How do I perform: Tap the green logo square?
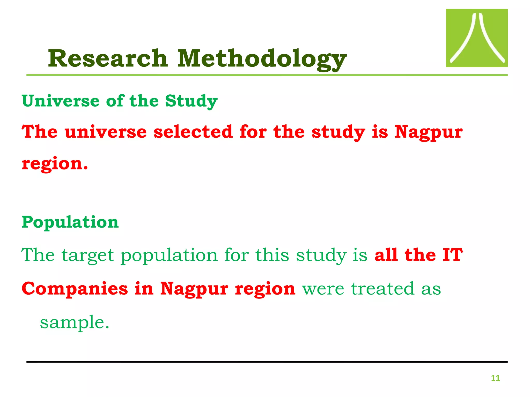pyautogui.click(x=476, y=38)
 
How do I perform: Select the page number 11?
pyautogui.click(x=495, y=378)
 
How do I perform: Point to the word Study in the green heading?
pyautogui.click(x=191, y=101)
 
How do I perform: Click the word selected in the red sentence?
pyautogui.click(x=193, y=132)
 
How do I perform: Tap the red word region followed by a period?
pyautogui.click(x=55, y=164)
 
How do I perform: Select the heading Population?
pyautogui.click(x=70, y=222)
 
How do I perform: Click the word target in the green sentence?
pyautogui.click(x=87, y=256)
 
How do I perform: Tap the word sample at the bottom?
pyautogui.click(x=72, y=323)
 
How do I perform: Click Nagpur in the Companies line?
pyautogui.click(x=194, y=289)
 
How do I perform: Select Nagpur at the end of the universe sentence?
pyautogui.click(x=428, y=132)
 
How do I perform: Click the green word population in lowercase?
pyautogui.click(x=169, y=256)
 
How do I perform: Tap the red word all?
pyautogui.click(x=386, y=255)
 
